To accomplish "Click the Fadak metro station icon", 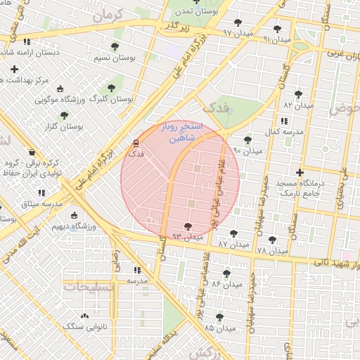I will point(136,143).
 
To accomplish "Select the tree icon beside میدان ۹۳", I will point(187,226).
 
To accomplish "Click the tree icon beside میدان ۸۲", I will point(298,94).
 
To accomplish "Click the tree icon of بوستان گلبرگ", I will point(111,88).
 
